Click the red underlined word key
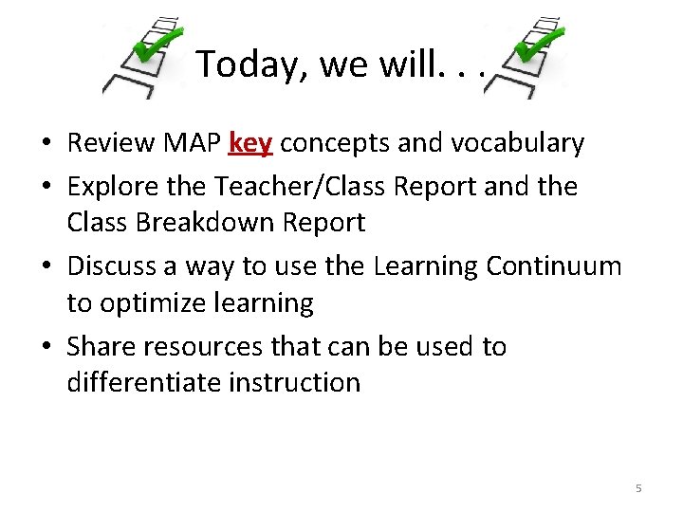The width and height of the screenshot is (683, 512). [x=250, y=143]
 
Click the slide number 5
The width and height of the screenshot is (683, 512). [x=637, y=488]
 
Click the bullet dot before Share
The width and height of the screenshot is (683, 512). [x=46, y=348]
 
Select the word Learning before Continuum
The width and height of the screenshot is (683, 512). [x=426, y=265]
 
